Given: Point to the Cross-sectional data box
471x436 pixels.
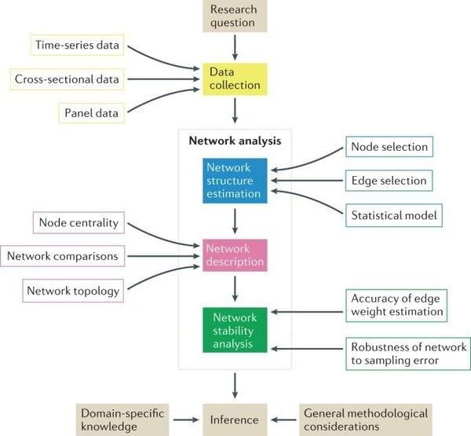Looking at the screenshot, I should click(67, 79).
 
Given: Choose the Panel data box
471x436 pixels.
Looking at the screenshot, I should click(92, 113).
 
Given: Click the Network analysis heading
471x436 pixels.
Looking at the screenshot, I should click(235, 141).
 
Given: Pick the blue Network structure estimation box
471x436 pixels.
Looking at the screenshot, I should click(235, 180).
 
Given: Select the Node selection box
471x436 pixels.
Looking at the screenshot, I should click(389, 147).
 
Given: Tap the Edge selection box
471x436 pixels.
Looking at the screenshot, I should click(389, 181).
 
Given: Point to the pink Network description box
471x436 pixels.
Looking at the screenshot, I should click(235, 255).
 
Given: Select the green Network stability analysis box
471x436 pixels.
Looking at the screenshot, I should click(235, 329).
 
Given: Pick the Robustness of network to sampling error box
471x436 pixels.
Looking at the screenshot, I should click(407, 354).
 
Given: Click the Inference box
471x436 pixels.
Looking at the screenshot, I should click(235, 419).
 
